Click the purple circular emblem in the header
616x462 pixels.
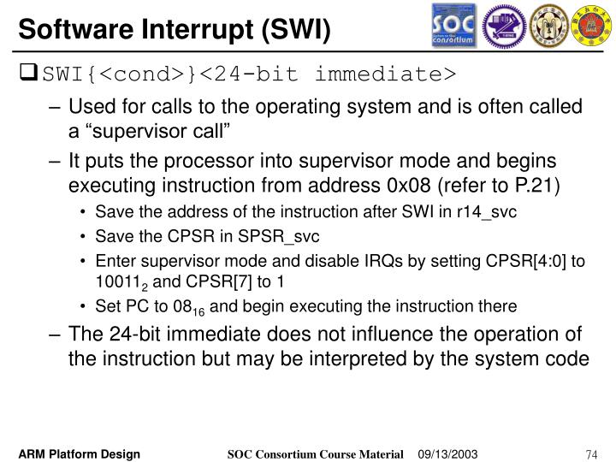(504, 26)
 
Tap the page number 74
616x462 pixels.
(591, 453)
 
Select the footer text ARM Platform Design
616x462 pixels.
(82, 453)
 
